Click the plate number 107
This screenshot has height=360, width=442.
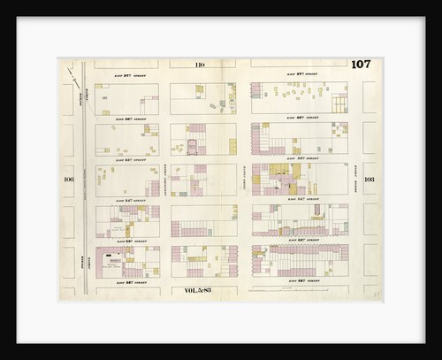pos(360,64)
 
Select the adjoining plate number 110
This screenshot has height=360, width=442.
pos(200,64)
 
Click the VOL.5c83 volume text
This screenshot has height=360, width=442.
pos(200,289)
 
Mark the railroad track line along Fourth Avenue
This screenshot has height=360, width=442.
pos(83,177)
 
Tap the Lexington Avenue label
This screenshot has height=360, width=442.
pos(165,182)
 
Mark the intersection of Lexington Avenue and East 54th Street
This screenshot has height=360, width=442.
pos(165,200)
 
